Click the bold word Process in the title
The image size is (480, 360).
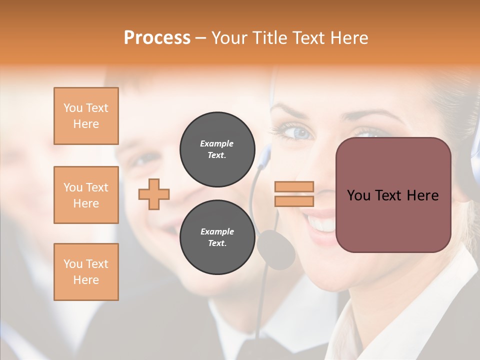pos(157,37)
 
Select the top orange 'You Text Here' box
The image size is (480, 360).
pos(86,116)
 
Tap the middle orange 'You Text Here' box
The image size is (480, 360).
pos(86,195)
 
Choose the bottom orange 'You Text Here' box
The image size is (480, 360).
pos(86,272)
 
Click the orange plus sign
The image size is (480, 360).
pos(154,194)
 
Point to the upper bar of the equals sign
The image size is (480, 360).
pos(294,187)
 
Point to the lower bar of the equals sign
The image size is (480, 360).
pos(294,201)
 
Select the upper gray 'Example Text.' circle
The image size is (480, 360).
pos(216,149)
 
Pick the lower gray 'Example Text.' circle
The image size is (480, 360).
pos(216,237)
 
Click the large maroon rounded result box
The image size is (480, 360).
pos(393,194)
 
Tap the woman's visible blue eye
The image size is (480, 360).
pos(299,132)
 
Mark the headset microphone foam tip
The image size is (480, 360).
pos(276,248)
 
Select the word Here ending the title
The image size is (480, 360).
pos(349,37)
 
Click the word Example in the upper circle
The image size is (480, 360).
pos(216,143)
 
